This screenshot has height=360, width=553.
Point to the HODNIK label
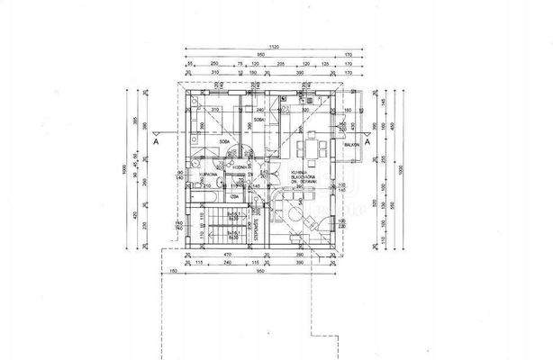point(239,168)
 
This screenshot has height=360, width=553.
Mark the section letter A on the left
point(156,142)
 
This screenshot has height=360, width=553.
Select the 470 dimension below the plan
point(229,256)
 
